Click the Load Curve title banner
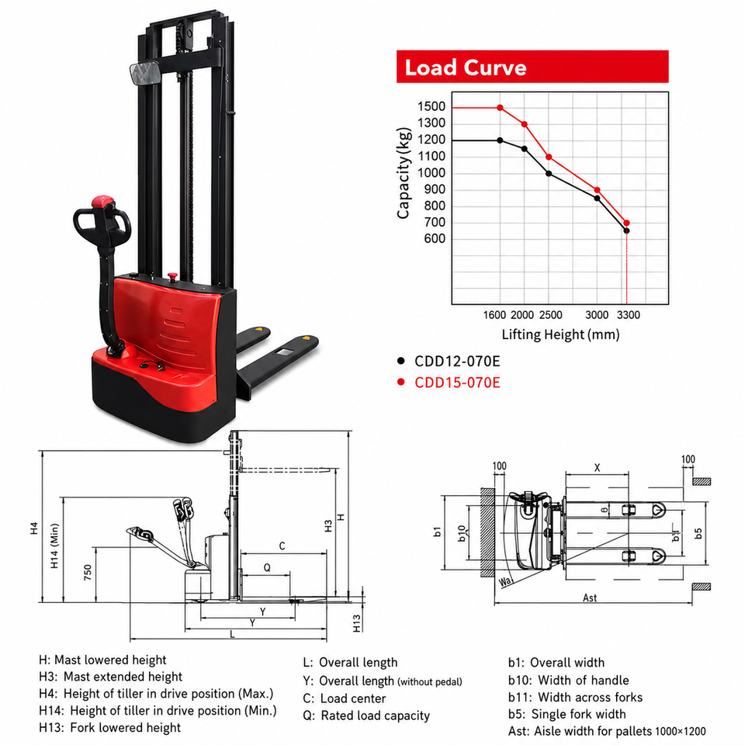(532, 67)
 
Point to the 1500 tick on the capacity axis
(431, 106)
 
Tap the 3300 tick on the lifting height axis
(628, 315)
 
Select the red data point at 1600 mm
(500, 108)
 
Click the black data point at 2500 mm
(549, 174)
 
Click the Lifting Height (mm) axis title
(560, 335)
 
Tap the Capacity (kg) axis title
(404, 173)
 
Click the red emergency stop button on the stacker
(172, 276)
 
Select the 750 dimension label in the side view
(88, 573)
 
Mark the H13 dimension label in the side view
(357, 623)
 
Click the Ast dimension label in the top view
(590, 598)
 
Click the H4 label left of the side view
(33, 528)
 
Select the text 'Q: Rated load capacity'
(366, 716)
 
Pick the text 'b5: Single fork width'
(567, 714)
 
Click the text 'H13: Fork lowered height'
(109, 727)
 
